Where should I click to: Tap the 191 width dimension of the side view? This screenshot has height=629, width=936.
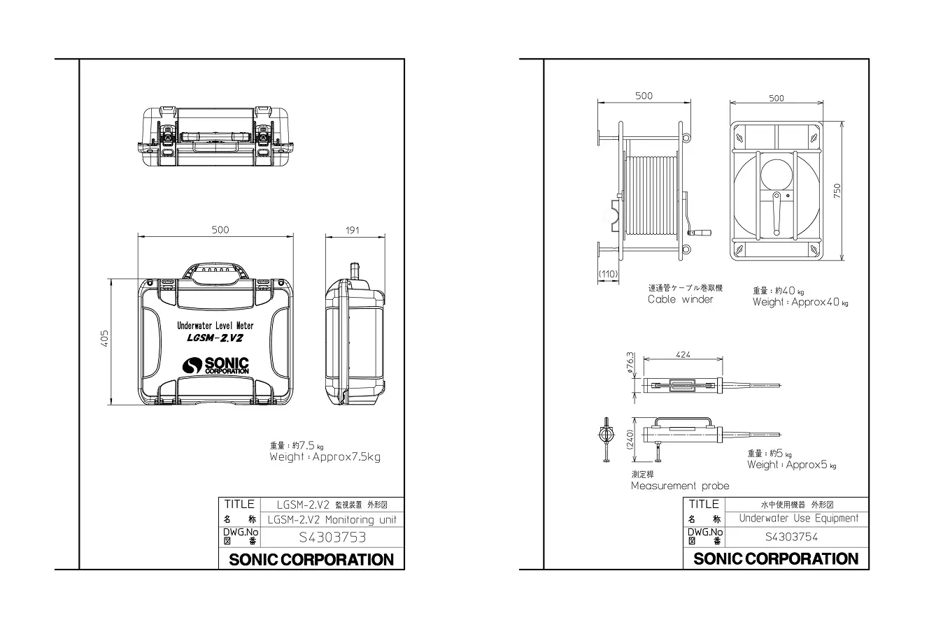[353, 230]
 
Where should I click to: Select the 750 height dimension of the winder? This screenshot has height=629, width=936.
[837, 191]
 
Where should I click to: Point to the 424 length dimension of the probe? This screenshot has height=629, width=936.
[683, 354]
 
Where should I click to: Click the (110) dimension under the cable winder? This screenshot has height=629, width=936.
[608, 274]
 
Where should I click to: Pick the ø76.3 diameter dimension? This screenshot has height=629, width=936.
[630, 362]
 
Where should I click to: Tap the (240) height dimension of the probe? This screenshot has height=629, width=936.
[630, 440]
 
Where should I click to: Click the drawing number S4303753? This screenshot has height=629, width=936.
[332, 537]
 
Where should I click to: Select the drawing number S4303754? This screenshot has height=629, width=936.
[791, 537]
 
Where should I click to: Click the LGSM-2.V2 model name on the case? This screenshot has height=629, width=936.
[215, 338]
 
